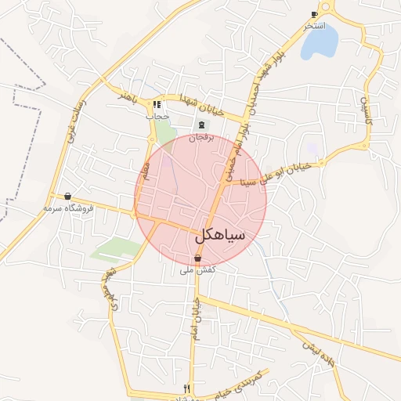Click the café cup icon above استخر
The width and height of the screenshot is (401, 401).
314,14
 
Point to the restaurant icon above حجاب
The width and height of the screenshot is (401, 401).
157,104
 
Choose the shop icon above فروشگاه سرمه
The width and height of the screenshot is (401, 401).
68,197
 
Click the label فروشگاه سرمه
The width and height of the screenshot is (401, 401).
69,209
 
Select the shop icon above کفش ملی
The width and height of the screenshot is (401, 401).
197,258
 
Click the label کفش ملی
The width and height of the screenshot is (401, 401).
197,270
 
